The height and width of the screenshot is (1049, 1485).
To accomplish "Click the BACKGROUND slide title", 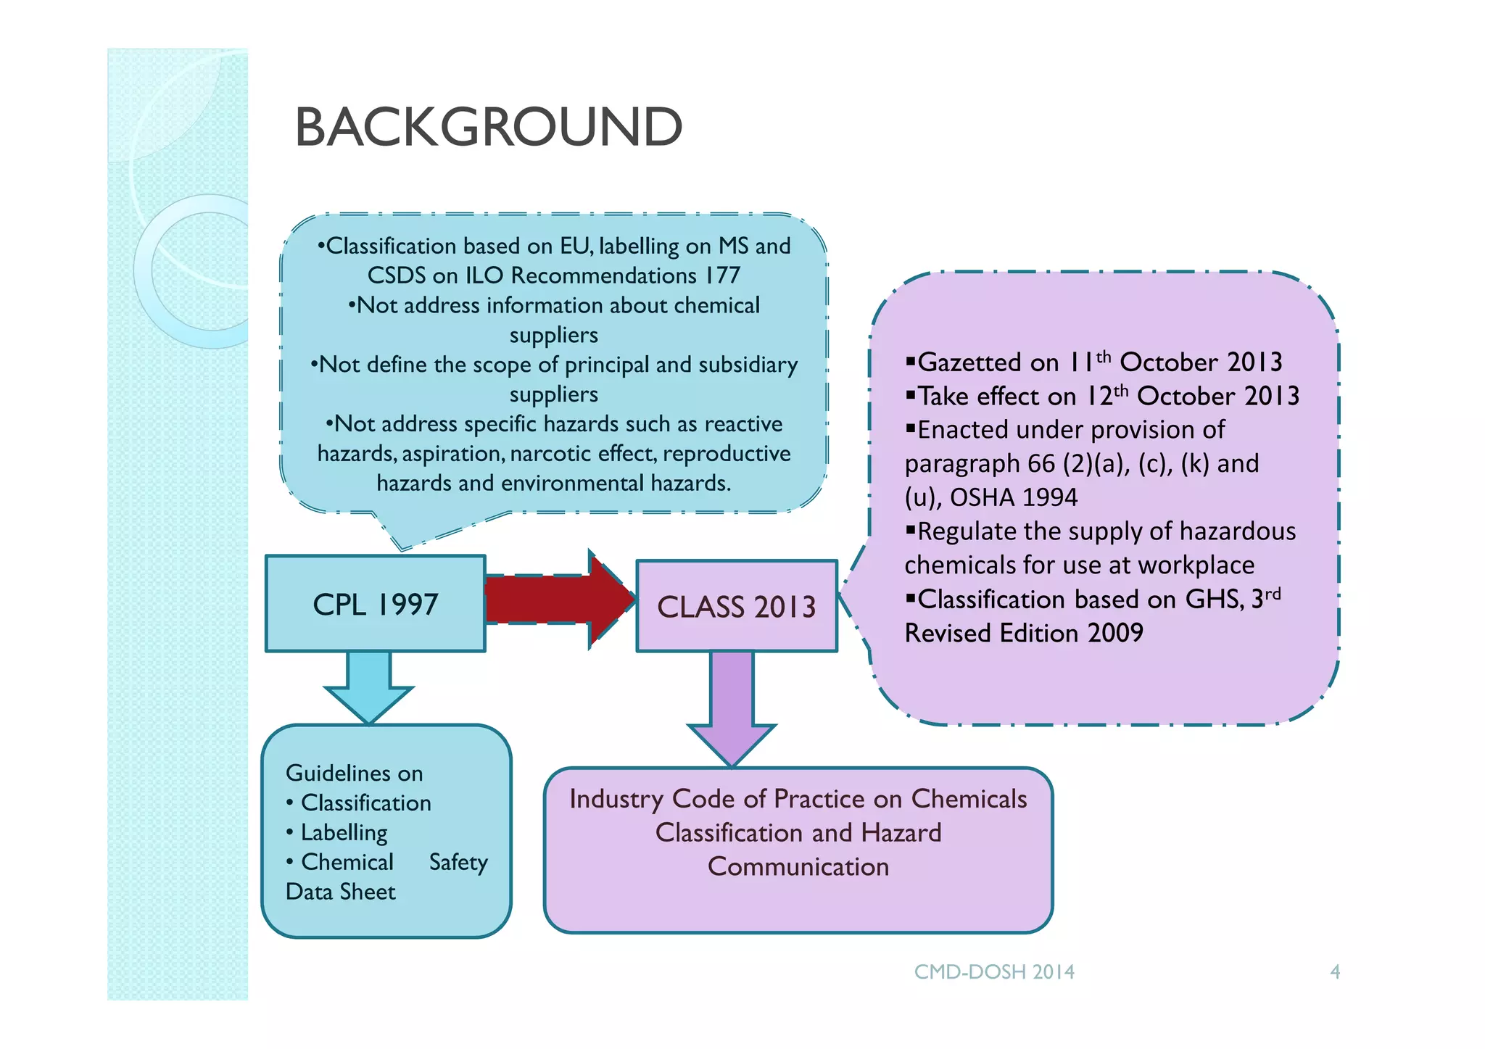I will point(488,127).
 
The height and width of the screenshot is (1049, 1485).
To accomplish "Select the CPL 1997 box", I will point(375,604).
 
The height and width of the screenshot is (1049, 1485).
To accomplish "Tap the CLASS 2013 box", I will point(736,607).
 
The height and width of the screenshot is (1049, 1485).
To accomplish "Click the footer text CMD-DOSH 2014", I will point(994,971).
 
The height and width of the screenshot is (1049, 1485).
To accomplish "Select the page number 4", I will point(1334,971).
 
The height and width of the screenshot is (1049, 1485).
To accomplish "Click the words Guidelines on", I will point(354,773).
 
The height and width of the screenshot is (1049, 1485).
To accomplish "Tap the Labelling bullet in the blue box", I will point(344,832).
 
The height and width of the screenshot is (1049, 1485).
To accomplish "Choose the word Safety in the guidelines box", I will point(458,862).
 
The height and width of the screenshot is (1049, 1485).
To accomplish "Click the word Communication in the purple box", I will point(798,866).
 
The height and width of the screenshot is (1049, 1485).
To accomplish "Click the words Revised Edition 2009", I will point(1024,633).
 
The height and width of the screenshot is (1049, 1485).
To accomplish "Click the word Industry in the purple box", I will point(616,798).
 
